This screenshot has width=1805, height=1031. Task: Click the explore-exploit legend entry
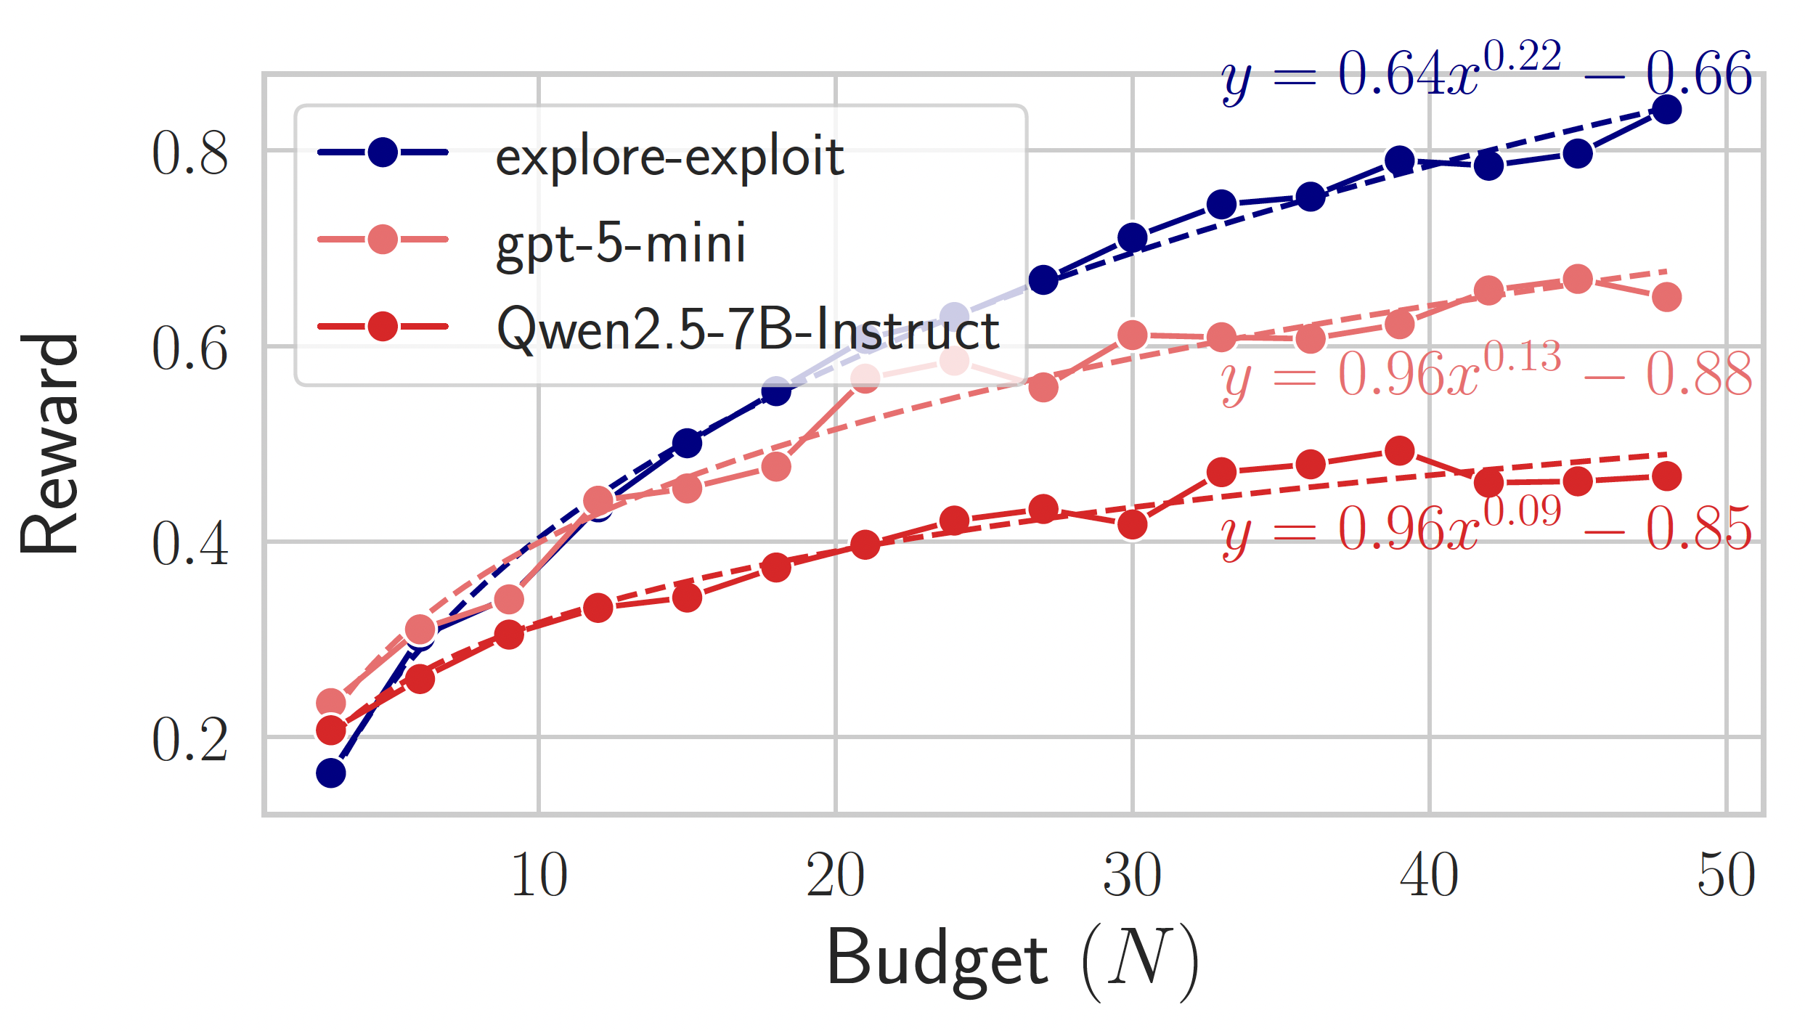(668, 155)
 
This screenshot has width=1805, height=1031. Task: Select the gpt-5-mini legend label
(621, 243)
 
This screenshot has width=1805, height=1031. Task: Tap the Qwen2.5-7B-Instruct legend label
(748, 329)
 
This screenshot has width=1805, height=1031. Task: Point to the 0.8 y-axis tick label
(190, 153)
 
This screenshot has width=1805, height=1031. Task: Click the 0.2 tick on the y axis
(190, 740)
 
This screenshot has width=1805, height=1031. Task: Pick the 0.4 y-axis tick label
(190, 544)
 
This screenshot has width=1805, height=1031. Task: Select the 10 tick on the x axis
(539, 876)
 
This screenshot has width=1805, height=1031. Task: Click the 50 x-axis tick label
(1726, 876)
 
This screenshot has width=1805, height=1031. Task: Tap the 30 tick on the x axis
(1132, 876)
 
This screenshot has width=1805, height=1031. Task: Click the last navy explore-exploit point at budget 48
(1666, 110)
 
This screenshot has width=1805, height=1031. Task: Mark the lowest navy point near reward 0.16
(331, 773)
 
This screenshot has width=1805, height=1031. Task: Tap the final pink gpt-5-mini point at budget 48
(1666, 297)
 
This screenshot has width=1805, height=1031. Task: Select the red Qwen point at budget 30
(1132, 524)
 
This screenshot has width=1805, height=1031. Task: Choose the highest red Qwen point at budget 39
(1399, 451)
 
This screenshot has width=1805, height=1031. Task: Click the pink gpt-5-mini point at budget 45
(1577, 279)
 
